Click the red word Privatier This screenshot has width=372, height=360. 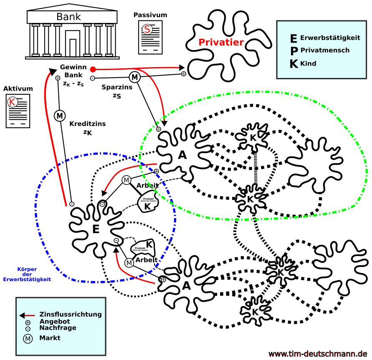(x=221, y=43)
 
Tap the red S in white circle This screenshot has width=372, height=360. (x=147, y=30)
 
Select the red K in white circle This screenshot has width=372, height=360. (x=13, y=102)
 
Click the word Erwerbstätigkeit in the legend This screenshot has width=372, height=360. (x=330, y=38)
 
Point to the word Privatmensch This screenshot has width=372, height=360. (x=325, y=50)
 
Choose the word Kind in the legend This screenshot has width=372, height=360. (x=308, y=64)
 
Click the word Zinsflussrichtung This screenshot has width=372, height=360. (x=70, y=315)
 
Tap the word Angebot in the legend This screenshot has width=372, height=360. (x=55, y=322)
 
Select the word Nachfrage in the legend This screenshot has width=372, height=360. (x=58, y=328)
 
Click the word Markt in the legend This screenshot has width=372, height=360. (x=50, y=338)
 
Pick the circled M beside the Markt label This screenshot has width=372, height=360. (x=28, y=339)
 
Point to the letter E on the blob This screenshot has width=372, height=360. (x=96, y=229)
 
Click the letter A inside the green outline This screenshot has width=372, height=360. (x=182, y=155)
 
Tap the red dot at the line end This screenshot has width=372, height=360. (x=93, y=69)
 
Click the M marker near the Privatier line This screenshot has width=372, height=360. (x=134, y=77)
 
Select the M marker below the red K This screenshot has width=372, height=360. (x=60, y=116)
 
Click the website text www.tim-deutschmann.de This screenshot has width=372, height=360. (x=318, y=354)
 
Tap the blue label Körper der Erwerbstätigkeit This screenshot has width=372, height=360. (x=27, y=274)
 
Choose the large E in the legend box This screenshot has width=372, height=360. (x=294, y=39)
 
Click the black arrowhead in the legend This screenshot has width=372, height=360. (x=22, y=315)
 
